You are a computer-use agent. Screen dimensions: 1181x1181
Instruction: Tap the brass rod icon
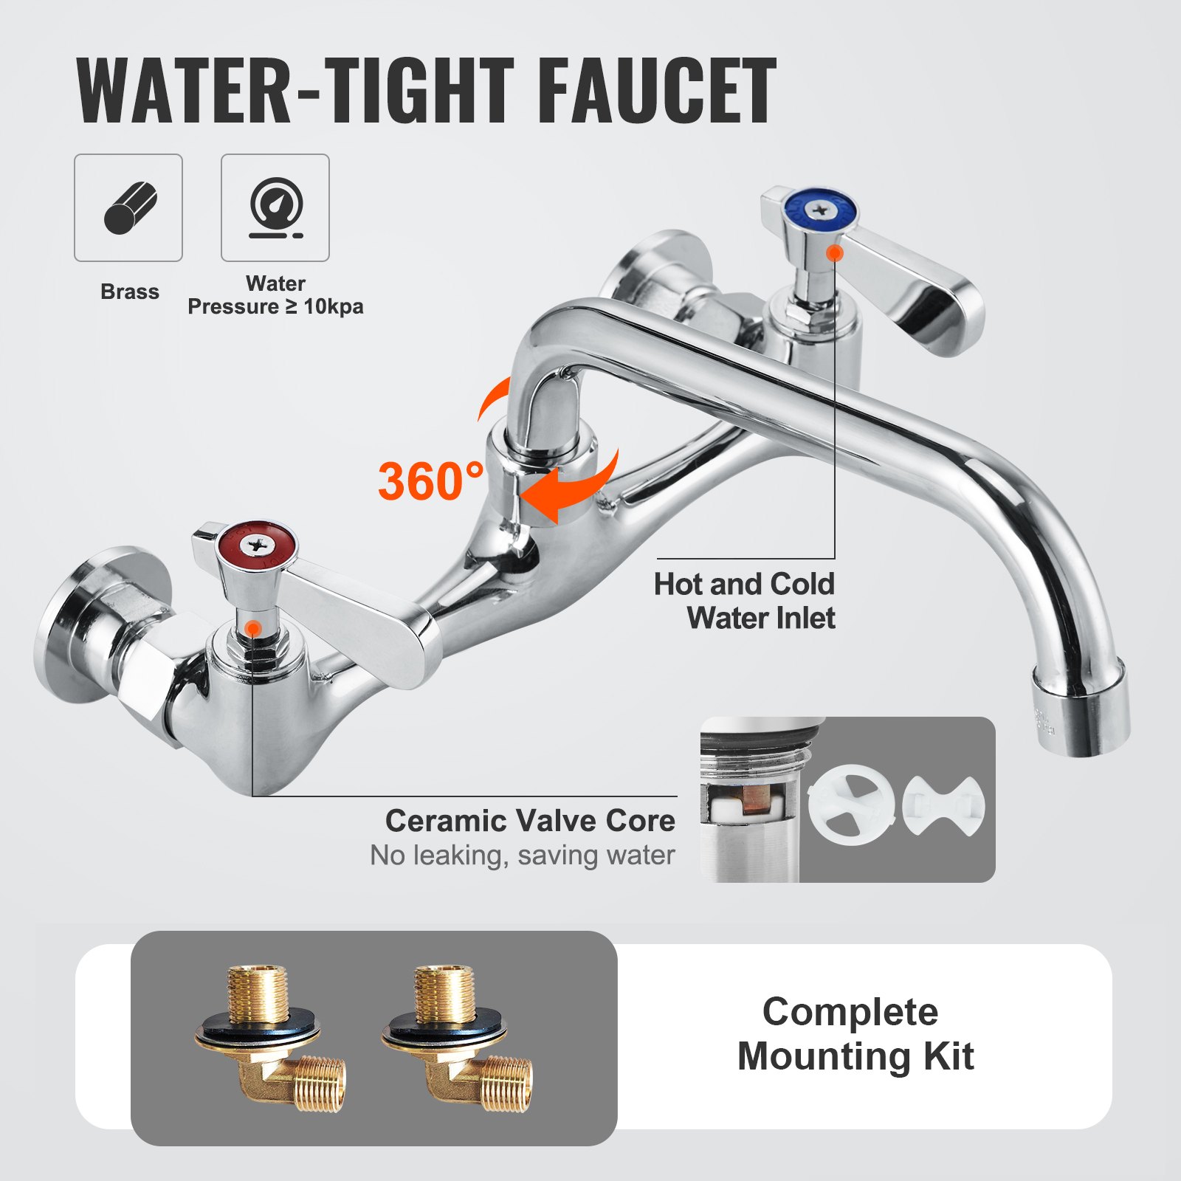[128, 207]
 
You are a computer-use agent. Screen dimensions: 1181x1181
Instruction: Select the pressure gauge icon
[275, 207]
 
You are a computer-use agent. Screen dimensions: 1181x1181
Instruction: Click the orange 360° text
[431, 481]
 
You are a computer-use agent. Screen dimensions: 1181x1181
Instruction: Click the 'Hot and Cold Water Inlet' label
[744, 601]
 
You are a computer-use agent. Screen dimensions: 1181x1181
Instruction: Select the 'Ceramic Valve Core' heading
[530, 821]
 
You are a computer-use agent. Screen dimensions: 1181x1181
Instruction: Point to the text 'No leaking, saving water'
[523, 855]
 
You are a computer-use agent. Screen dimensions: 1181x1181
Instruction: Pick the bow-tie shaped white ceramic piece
[943, 805]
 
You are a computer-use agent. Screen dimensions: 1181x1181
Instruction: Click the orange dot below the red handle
[252, 628]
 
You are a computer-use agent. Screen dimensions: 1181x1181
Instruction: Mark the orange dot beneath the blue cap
[835, 253]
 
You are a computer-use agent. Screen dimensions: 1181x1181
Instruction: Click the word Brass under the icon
[130, 292]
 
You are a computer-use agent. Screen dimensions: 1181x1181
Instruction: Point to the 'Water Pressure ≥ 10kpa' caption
[275, 295]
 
